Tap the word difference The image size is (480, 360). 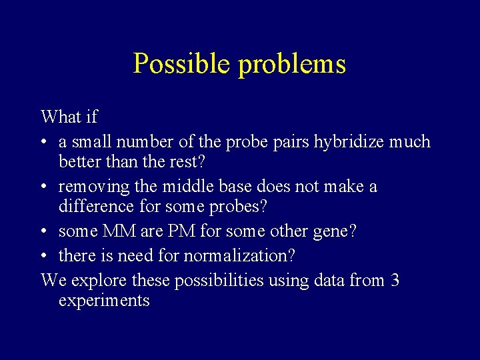[97, 207]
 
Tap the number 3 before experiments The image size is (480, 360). [395, 280]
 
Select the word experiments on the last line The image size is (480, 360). [104, 301]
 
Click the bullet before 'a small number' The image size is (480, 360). [45, 143]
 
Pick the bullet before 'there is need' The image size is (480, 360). [45, 256]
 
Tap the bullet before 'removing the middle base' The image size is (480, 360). [45, 187]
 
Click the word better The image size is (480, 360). [79, 162]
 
